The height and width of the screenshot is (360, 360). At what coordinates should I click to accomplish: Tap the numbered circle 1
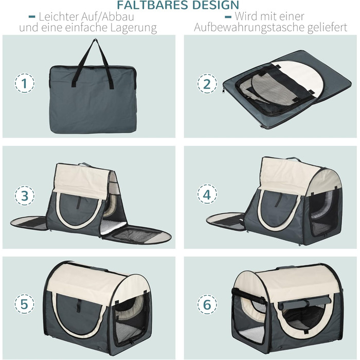[x=25, y=83]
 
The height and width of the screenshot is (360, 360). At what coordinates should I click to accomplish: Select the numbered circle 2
[x=207, y=83]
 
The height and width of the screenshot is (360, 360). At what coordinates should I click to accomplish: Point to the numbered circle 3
[x=25, y=195]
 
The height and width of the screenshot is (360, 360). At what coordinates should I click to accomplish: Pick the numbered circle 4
[x=207, y=194]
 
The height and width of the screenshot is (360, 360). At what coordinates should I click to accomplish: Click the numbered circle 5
[x=25, y=304]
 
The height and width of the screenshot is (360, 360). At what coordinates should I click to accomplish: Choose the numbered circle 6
[x=207, y=304]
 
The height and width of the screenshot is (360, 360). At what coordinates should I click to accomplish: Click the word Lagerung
[x=134, y=28]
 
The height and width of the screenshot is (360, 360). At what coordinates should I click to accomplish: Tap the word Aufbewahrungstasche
[x=250, y=27]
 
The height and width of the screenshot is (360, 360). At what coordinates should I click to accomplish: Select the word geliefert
[x=328, y=27]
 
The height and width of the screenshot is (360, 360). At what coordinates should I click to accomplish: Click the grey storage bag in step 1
[x=93, y=99]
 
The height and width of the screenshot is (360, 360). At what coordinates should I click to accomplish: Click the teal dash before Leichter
[x=32, y=17]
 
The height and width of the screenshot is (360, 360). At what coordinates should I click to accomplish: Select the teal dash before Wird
[x=228, y=17]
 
